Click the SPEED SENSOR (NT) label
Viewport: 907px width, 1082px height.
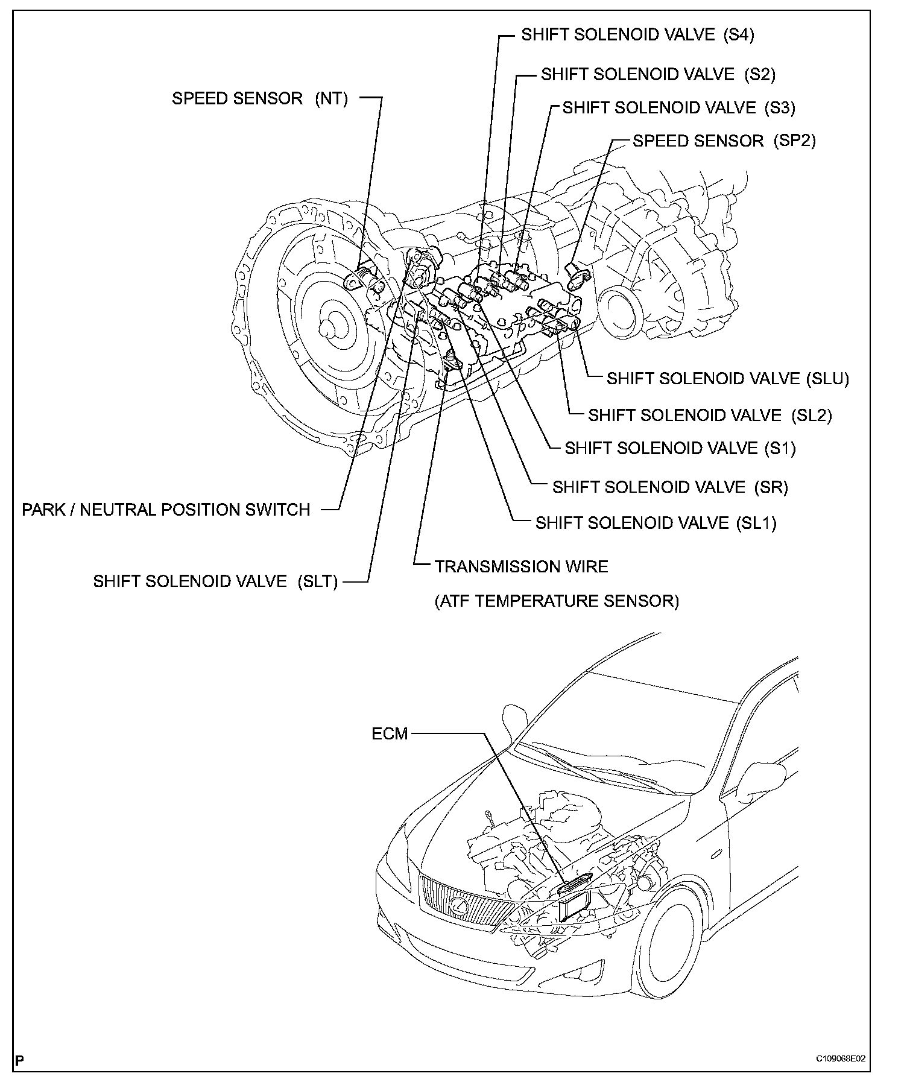(260, 98)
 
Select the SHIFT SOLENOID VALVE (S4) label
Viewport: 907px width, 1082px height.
(637, 35)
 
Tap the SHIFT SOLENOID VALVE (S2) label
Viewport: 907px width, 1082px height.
(658, 74)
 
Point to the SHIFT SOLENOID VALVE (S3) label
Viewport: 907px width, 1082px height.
(678, 107)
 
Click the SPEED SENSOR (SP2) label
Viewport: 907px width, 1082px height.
(724, 141)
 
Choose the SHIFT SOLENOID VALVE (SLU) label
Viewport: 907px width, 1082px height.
(727, 378)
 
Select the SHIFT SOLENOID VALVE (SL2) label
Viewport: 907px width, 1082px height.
(710, 415)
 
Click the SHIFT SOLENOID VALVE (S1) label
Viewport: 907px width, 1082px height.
(680, 448)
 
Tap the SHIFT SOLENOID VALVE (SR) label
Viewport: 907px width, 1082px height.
(670, 487)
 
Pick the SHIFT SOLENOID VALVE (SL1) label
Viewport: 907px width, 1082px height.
(656, 523)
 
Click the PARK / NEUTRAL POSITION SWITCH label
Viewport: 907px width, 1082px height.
(166, 510)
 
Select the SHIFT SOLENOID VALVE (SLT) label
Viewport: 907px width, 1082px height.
(215, 581)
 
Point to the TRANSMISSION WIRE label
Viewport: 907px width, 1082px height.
(521, 566)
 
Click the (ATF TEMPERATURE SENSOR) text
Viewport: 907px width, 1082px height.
(557, 601)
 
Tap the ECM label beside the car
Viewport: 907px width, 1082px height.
(390, 734)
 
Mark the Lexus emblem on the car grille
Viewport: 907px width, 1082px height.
(460, 905)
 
